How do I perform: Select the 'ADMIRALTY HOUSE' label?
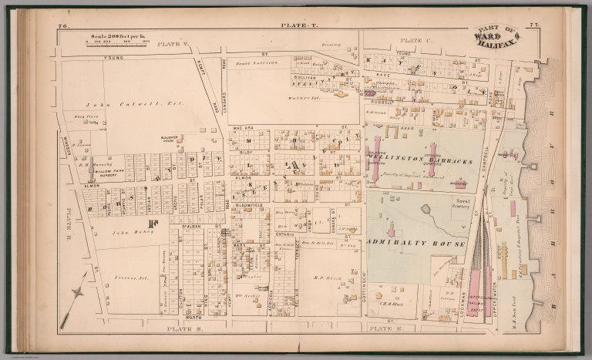pyautogui.click(x=415, y=244)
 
